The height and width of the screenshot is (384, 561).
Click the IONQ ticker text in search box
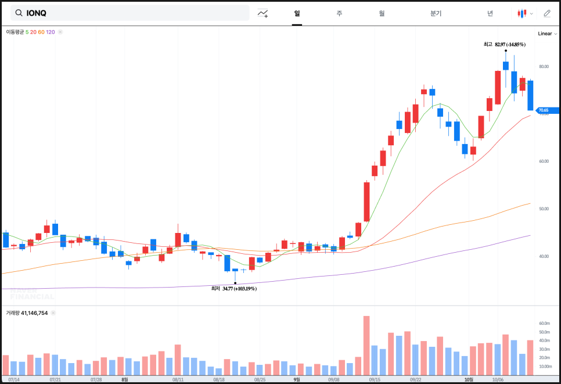pos(37,13)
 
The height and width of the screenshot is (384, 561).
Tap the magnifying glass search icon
pos(19,13)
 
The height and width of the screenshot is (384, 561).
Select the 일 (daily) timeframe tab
pos(297,13)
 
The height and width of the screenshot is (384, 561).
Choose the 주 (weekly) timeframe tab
pos(339,13)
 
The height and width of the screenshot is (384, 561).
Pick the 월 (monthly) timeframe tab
pos(382,13)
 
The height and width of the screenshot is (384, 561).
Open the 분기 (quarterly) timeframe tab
pos(436,13)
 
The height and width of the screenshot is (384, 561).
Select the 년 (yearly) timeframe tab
pos(490,13)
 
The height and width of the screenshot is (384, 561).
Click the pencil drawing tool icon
pos(546,13)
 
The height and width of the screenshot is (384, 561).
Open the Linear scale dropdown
pos(547,34)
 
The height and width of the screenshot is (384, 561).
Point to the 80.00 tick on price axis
pos(544,66)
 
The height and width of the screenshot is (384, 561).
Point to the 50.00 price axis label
pos(544,209)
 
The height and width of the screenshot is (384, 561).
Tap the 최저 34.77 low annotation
pos(233,288)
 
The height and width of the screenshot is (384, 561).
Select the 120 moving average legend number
pos(51,32)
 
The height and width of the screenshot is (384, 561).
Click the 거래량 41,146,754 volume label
pos(27,313)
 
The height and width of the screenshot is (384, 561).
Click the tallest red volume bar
pos(366,346)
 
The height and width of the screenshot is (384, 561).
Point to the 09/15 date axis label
pos(375,379)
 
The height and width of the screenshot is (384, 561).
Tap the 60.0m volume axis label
pos(544,323)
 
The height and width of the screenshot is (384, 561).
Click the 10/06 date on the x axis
pos(497,379)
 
